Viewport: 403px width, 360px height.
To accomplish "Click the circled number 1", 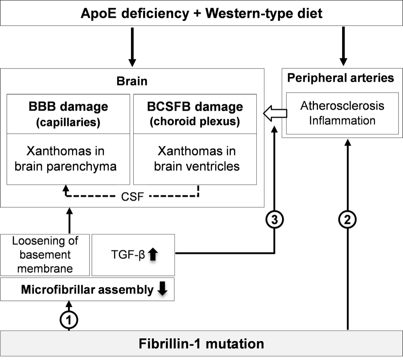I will (x=69, y=320).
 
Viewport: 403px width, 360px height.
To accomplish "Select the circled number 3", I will (x=274, y=220).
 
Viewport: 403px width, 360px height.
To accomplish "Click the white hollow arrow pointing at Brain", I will (x=275, y=114).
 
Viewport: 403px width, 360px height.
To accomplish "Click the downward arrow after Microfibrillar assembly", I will (x=162, y=290).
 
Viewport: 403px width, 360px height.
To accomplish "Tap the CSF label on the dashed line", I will (x=133, y=197).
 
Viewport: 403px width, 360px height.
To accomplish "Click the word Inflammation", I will (x=343, y=120).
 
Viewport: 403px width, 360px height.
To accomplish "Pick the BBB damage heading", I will (x=68, y=107).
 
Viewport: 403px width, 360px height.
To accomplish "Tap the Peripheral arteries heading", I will (x=341, y=77).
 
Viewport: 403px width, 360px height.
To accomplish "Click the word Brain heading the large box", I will (x=132, y=81).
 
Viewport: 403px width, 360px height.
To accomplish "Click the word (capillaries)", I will (x=68, y=122).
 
